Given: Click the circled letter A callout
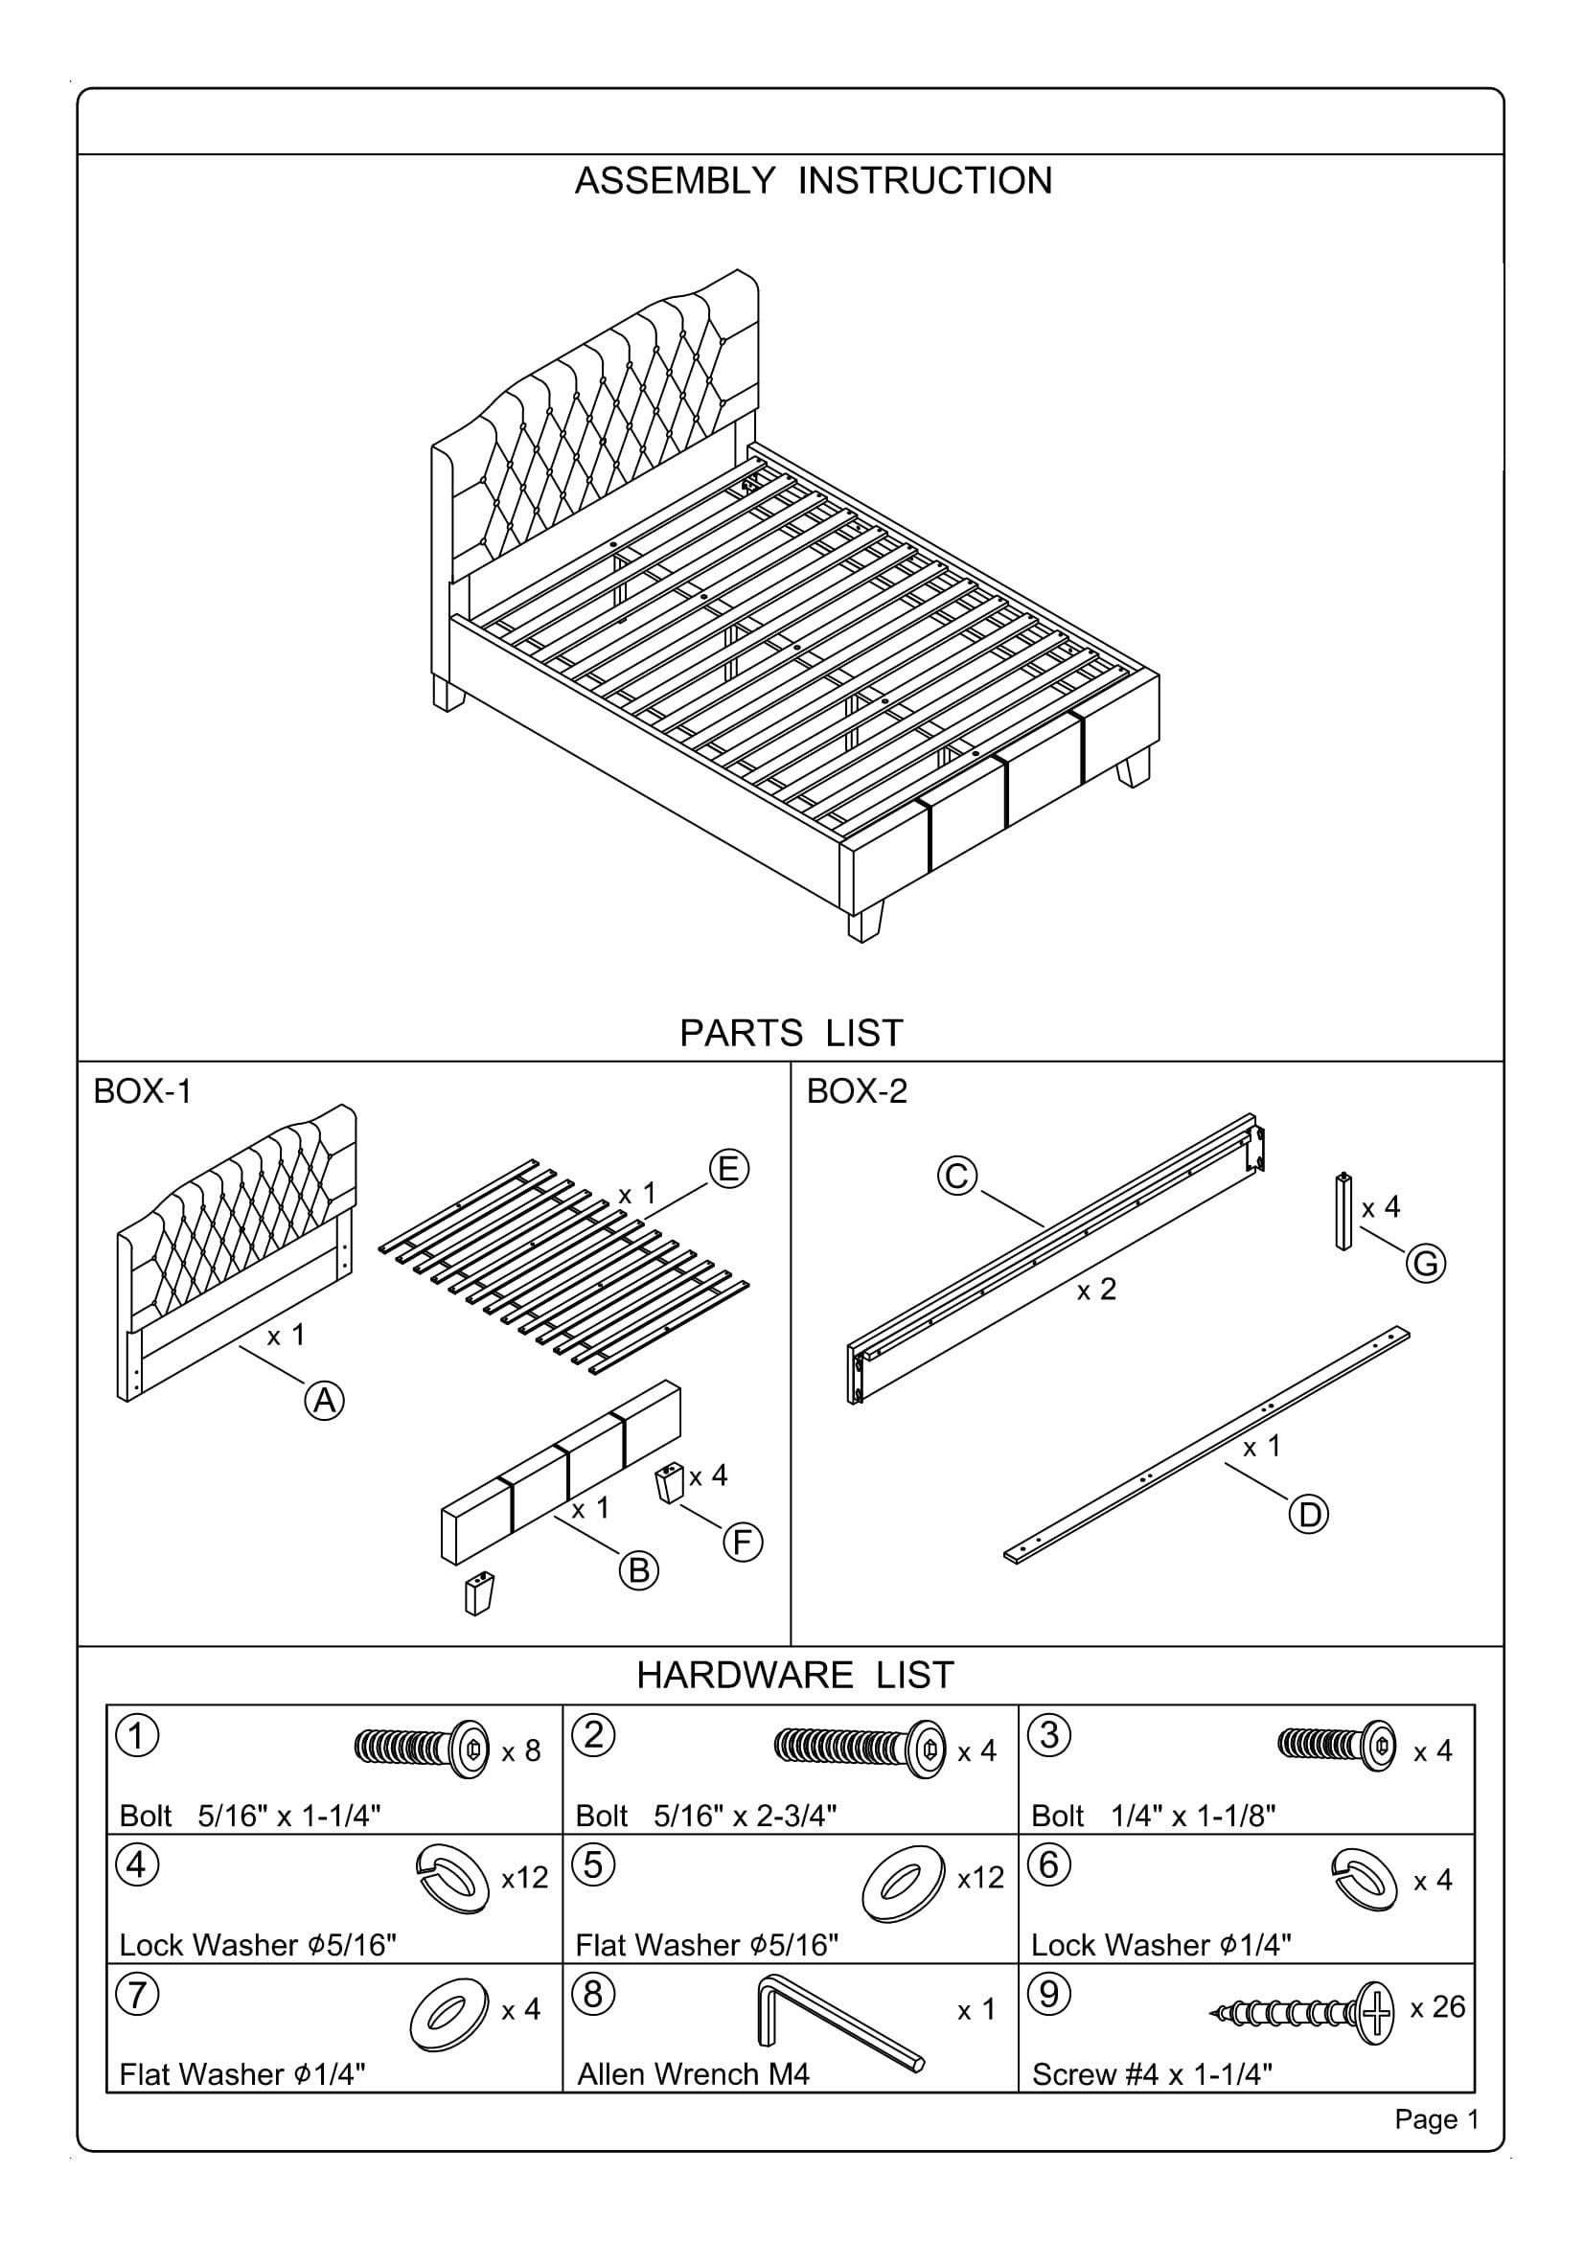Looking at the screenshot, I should click(x=325, y=1401).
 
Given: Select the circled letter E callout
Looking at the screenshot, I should click(x=728, y=1168).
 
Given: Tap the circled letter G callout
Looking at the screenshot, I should click(x=1425, y=1264).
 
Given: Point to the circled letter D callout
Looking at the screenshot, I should click(x=1309, y=1515).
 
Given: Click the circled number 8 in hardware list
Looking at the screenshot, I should click(x=593, y=1994).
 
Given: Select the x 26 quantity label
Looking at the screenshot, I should click(x=1437, y=2008).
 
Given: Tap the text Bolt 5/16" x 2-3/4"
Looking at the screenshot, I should click(x=705, y=1817).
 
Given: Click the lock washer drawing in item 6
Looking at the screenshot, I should click(x=1364, y=1880).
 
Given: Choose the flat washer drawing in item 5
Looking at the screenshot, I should click(x=903, y=1884).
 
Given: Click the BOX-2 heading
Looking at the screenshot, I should click(x=856, y=1091).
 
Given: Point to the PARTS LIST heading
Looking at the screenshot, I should click(x=792, y=1034).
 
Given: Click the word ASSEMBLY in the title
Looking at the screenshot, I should click(x=675, y=181).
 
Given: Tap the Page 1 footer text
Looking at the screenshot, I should click(x=1436, y=2120).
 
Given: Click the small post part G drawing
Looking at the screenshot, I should click(x=1343, y=1211).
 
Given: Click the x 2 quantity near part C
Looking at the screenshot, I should click(x=1096, y=1291).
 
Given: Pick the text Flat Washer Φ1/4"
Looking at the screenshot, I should click(x=242, y=2074).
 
